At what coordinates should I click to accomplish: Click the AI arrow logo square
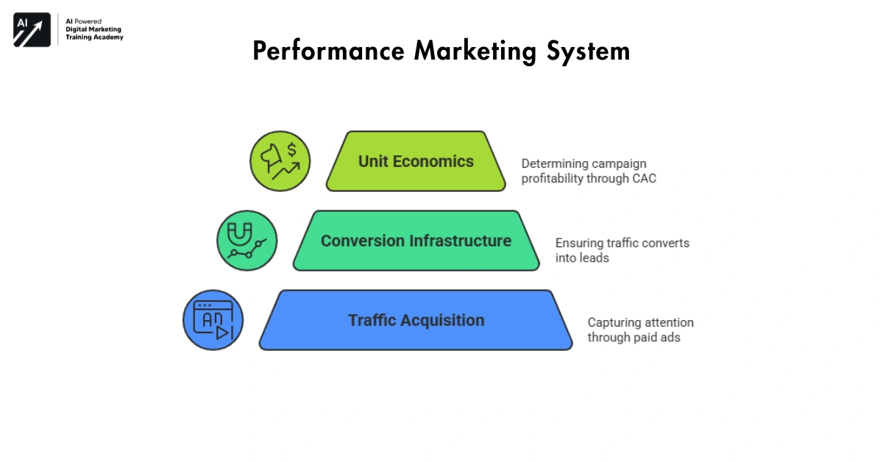coord(32,30)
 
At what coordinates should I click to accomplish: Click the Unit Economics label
coord(416,162)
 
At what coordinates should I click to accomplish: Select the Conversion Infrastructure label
coord(416,241)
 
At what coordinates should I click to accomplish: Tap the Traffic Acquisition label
coord(416,321)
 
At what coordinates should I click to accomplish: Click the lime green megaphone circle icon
coord(280,161)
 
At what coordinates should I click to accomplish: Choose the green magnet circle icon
coord(247,241)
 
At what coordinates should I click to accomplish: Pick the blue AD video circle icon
coord(213,320)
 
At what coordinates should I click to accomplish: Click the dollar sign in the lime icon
coord(291,151)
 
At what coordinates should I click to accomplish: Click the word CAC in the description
coord(644,178)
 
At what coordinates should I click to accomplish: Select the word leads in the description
coord(594,258)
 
